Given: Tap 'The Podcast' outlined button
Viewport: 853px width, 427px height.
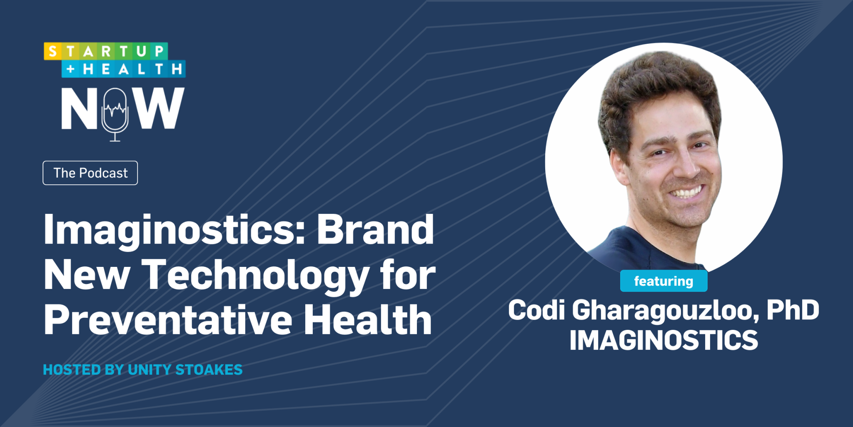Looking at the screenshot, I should (90, 173).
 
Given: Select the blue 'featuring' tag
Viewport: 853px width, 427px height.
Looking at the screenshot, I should (663, 281).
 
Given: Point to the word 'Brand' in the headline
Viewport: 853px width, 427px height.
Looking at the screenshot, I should (375, 230).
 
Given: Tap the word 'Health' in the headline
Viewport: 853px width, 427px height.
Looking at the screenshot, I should (368, 321).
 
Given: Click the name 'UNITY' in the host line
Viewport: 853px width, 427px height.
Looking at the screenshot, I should (150, 370).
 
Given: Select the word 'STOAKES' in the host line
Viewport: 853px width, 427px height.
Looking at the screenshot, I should (209, 370).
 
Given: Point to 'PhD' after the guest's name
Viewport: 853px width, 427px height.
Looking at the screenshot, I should (793, 311).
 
